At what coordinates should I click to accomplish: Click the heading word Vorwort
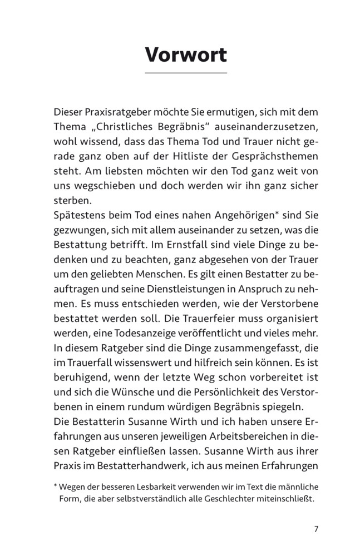pos(186,55)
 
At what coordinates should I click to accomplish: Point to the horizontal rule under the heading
pos(186,73)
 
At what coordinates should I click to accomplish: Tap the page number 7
pos(315,528)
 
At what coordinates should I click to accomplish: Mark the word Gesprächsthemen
pos(283,156)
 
